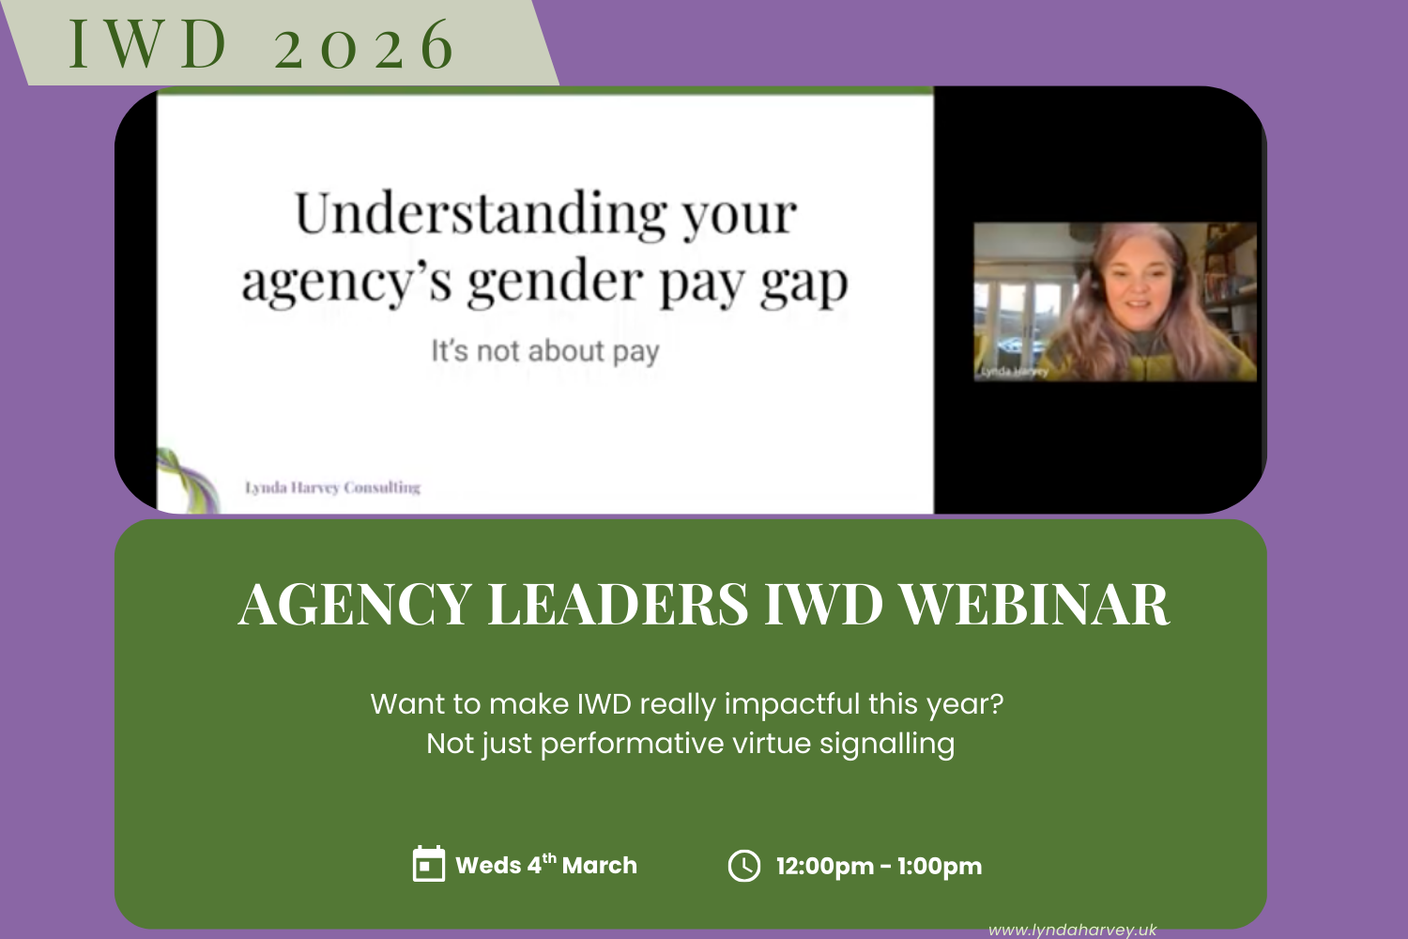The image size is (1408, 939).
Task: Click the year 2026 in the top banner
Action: (364, 46)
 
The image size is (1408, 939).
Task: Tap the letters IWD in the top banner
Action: (148, 44)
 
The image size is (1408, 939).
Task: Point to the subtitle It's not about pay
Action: (545, 351)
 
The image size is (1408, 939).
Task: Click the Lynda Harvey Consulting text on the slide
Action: (332, 487)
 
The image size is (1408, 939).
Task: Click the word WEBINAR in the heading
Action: (1034, 604)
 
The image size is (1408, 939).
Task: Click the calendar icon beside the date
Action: (429, 864)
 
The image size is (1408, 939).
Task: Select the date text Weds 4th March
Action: (545, 865)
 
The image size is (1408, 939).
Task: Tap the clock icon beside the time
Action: (744, 865)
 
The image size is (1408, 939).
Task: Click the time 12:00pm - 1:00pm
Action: (879, 866)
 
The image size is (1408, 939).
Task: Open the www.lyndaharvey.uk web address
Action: (1072, 930)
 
